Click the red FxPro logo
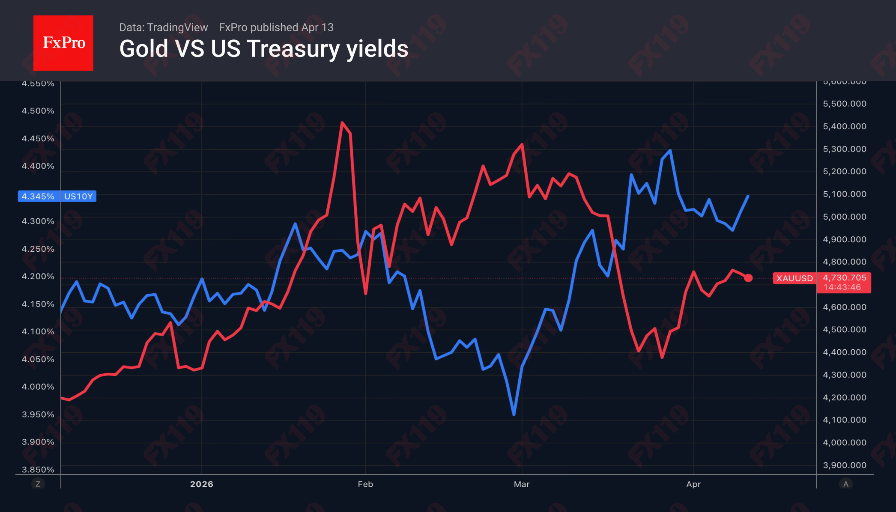pyautogui.click(x=63, y=43)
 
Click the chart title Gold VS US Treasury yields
pyautogui.click(x=263, y=49)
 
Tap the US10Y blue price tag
pyautogui.click(x=57, y=196)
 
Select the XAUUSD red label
pyautogui.click(x=794, y=278)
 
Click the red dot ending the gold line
pyautogui.click(x=748, y=278)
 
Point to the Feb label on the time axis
pyautogui.click(x=365, y=484)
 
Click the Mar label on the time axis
pyautogui.click(x=522, y=484)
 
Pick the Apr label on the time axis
pyautogui.click(x=693, y=484)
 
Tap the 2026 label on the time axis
pyautogui.click(x=202, y=484)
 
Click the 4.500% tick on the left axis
pyautogui.click(x=38, y=111)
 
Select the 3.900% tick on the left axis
pyautogui.click(x=38, y=442)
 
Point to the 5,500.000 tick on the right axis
pyautogui.click(x=845, y=104)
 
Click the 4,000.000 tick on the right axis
pyautogui.click(x=845, y=443)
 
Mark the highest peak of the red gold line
pyautogui.click(x=342, y=123)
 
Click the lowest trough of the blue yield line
pyautogui.click(x=514, y=414)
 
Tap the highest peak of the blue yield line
pyautogui.click(x=670, y=151)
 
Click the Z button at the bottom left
pyautogui.click(x=38, y=484)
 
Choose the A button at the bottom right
pyautogui.click(x=845, y=484)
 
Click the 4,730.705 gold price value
pyautogui.click(x=844, y=278)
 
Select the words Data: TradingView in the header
pyautogui.click(x=163, y=27)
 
